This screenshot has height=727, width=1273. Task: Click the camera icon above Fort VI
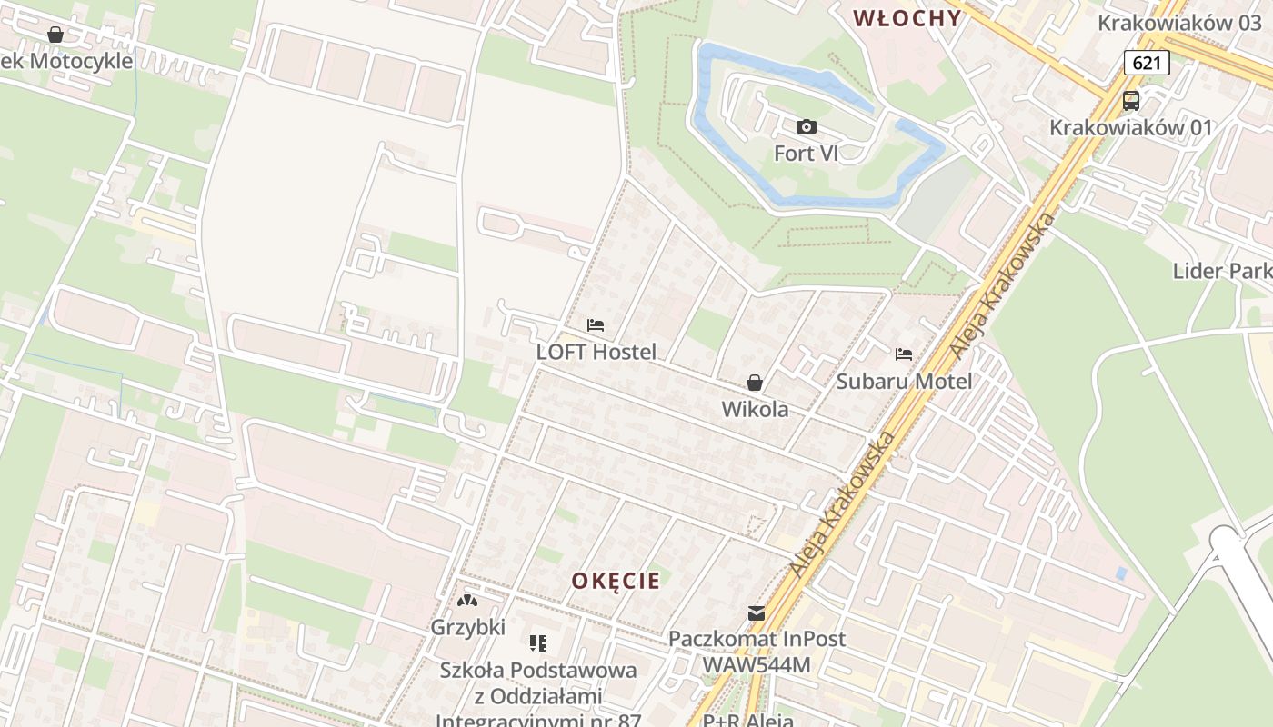(x=806, y=127)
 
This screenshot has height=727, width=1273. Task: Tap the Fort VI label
(x=806, y=154)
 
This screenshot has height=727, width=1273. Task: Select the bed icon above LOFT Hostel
(x=596, y=325)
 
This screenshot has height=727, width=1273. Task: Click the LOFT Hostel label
(x=596, y=352)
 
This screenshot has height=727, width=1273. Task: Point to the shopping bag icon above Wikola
(x=755, y=383)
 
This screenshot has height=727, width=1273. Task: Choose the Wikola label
(x=755, y=410)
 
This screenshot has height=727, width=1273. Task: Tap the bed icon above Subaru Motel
(x=904, y=354)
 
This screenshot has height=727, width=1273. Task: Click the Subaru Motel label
(x=904, y=382)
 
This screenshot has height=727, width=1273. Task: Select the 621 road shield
(x=1146, y=63)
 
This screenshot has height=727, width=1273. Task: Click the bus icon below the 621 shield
(x=1131, y=101)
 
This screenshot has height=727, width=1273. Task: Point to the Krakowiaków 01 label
(x=1131, y=127)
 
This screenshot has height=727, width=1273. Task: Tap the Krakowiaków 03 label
(x=1179, y=23)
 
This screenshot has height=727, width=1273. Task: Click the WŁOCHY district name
(x=907, y=18)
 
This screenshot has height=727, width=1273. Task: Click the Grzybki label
(x=467, y=627)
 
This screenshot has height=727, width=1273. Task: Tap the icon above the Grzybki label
(x=467, y=601)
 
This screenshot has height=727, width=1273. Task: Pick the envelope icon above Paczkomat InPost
(x=757, y=613)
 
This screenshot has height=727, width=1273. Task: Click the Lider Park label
(x=1221, y=271)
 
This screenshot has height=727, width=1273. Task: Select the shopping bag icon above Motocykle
(x=55, y=35)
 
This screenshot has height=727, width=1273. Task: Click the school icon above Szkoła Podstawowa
(x=538, y=643)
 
